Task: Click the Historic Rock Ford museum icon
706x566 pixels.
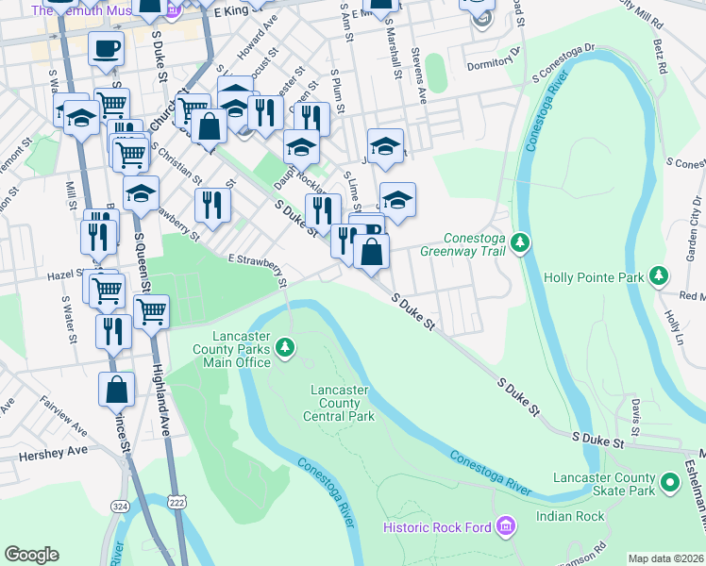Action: click(x=505, y=525)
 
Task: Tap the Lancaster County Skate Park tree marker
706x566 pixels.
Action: click(x=671, y=483)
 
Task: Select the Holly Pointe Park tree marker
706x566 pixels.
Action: click(x=659, y=277)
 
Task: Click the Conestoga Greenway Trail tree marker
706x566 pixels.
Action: click(x=519, y=244)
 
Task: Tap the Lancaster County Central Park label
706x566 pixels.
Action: click(x=339, y=403)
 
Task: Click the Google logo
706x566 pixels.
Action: click(x=32, y=555)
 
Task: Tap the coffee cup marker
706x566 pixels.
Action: click(x=106, y=48)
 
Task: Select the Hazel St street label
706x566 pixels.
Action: click(x=66, y=277)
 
